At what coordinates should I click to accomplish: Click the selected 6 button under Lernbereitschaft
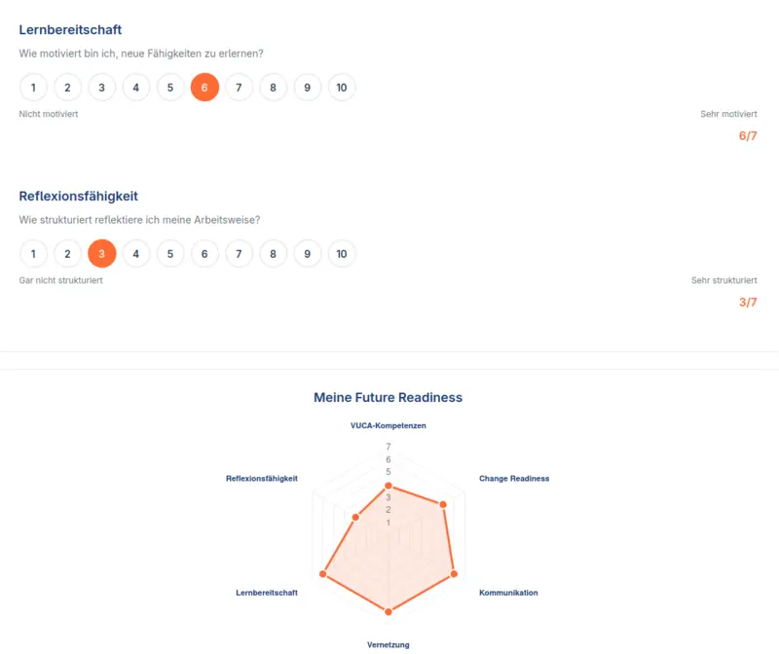point(204,88)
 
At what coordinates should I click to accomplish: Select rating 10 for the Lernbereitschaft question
point(342,88)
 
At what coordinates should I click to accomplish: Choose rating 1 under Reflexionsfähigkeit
point(33,254)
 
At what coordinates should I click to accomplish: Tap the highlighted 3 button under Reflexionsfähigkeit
point(102,254)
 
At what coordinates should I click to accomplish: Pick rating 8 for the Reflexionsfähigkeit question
point(274,254)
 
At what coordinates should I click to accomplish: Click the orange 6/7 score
point(748,136)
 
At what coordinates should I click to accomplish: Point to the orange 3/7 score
point(748,303)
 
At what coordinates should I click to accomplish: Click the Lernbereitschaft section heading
point(70,30)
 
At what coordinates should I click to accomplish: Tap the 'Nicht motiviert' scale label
point(49,114)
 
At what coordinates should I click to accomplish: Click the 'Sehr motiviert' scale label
point(728,114)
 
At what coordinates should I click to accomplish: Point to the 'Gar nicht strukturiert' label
point(60,280)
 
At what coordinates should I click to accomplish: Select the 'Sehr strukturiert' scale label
point(724,280)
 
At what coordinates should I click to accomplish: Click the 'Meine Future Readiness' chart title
point(388,398)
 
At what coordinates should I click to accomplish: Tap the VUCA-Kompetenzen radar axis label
point(389,425)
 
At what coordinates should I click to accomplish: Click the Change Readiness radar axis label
point(514,479)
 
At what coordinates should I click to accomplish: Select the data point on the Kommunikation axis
point(454,575)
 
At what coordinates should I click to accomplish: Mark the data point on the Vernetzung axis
point(389,612)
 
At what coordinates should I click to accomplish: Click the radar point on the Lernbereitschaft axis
point(323,575)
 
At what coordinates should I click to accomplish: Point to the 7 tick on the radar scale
point(389,447)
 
